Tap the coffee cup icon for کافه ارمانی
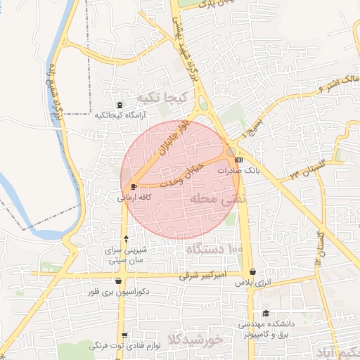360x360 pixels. click(x=134, y=186)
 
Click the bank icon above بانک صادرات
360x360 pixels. click(x=238, y=160)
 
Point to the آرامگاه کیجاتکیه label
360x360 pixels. click(x=120, y=115)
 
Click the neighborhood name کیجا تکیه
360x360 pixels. click(x=160, y=96)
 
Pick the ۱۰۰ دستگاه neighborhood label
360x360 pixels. click(x=214, y=249)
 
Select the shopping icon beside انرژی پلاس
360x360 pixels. click(x=252, y=271)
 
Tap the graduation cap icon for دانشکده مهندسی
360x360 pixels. click(x=265, y=314)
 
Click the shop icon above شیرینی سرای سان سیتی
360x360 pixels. click(x=125, y=238)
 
